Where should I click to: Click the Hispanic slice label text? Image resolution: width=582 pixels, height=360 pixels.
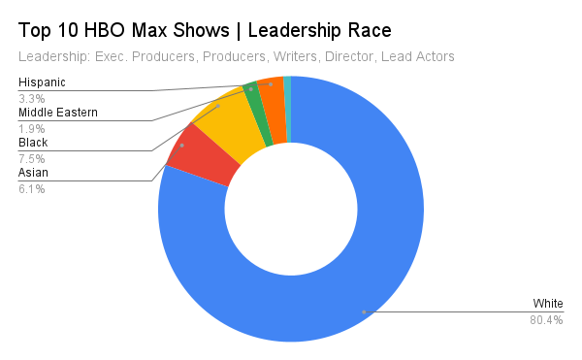tap(42, 82)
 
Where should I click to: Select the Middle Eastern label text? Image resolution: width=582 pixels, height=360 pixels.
tap(58, 113)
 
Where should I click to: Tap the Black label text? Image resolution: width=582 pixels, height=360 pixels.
tap(33, 143)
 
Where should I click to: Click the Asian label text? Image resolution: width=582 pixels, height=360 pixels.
tap(33, 173)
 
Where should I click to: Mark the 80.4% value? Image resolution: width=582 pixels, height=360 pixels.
tap(546, 320)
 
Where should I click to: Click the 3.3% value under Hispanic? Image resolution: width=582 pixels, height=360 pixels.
tap(31, 98)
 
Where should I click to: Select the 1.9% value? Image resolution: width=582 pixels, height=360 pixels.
tap(31, 128)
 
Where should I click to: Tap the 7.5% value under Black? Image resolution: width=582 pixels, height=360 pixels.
tap(31, 158)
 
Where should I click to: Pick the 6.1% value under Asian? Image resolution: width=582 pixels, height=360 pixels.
tap(31, 188)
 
